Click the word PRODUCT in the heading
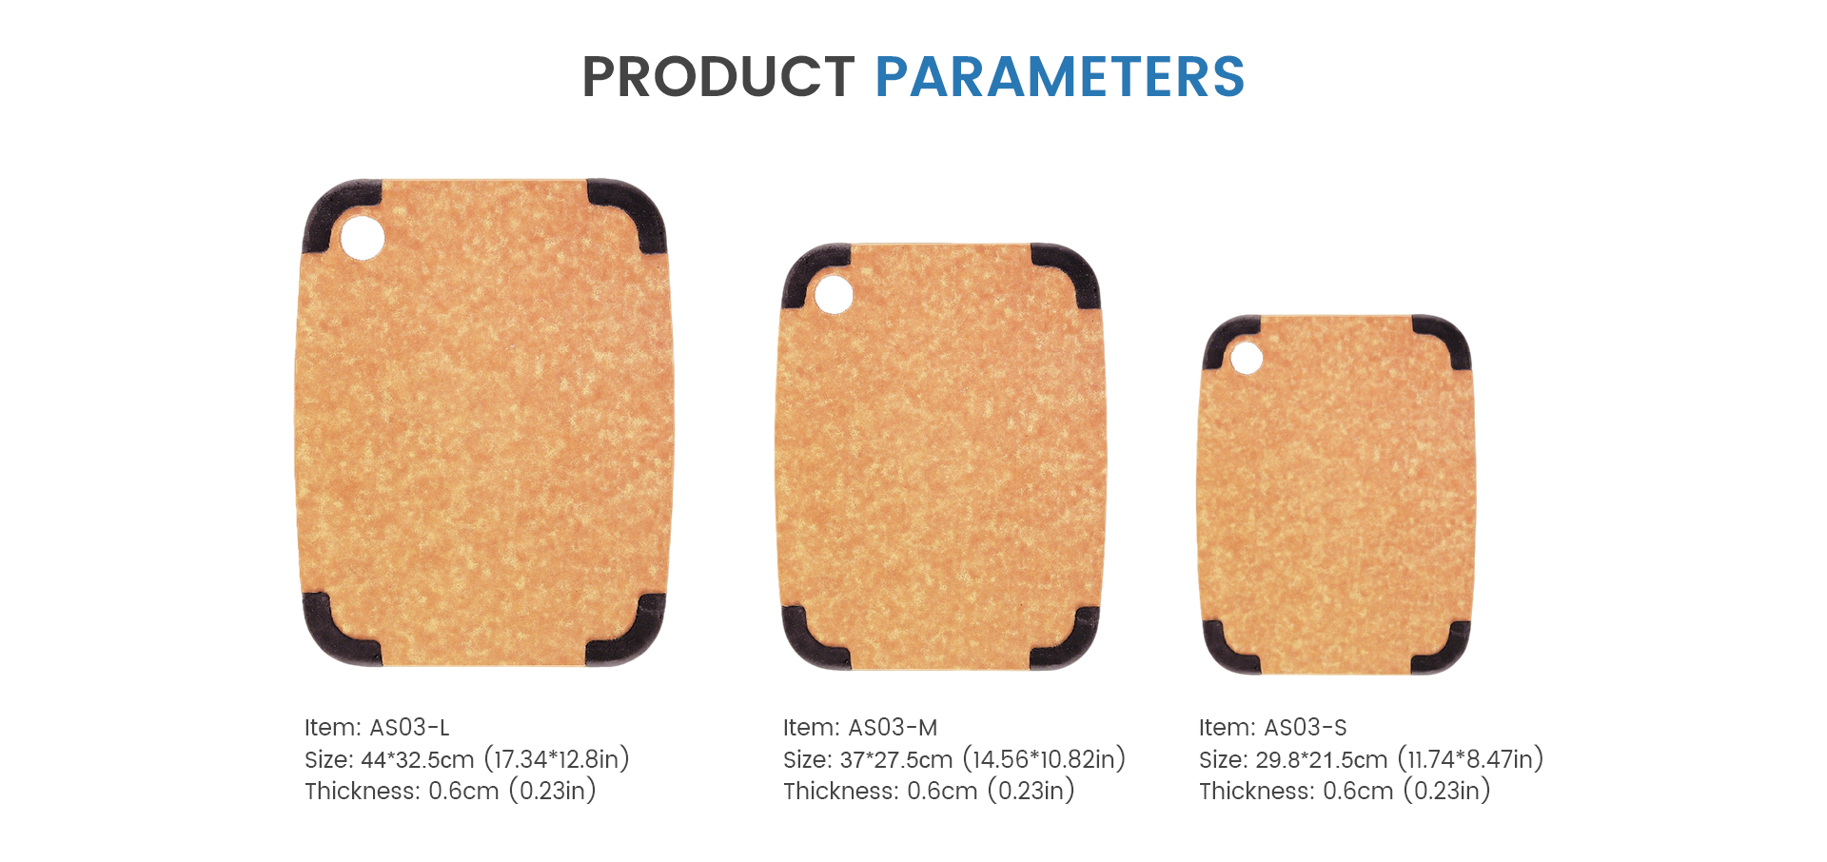point(718,77)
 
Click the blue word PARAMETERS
point(1060,77)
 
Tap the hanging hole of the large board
point(363,238)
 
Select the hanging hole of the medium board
point(834,294)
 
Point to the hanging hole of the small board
point(1247,359)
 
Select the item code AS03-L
point(409,728)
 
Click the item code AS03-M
point(893,728)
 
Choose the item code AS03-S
point(1306,728)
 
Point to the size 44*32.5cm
point(417,759)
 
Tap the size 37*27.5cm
point(896,759)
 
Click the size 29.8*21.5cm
point(1322,759)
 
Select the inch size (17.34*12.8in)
point(557,759)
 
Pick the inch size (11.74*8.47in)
point(1470,759)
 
